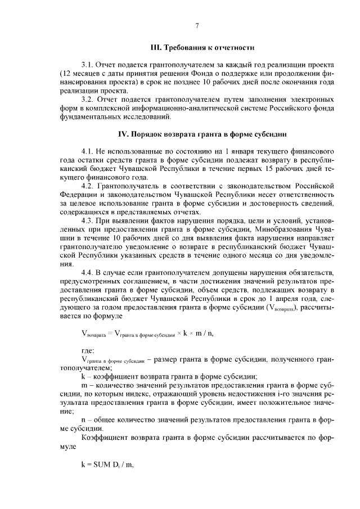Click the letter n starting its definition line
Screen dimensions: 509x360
[x=84, y=420]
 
